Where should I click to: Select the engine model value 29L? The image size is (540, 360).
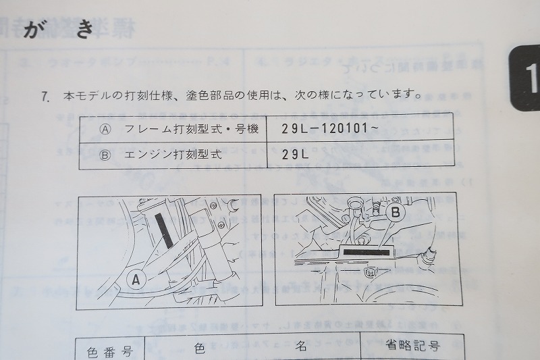(x=296, y=154)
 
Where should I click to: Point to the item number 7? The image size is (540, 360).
(x=45, y=96)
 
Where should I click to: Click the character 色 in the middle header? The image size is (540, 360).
(x=200, y=349)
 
